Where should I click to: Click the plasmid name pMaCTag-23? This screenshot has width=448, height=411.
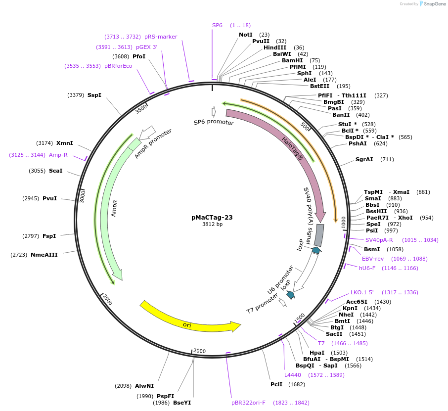click(x=212, y=217)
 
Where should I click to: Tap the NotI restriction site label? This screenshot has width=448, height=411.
click(x=246, y=35)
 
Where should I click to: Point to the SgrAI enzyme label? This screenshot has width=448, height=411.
click(x=364, y=159)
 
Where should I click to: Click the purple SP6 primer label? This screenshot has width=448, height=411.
click(x=217, y=25)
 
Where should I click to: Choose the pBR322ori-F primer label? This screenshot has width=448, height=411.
click(x=248, y=403)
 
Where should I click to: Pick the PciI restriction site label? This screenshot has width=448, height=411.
click(x=276, y=384)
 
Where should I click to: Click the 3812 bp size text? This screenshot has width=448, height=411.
click(x=212, y=225)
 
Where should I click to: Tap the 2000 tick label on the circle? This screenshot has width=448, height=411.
click(x=199, y=351)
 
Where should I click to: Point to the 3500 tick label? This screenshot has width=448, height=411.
click(x=141, y=108)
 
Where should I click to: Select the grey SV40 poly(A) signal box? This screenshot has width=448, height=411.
click(x=319, y=235)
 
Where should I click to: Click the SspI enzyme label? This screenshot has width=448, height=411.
click(x=94, y=95)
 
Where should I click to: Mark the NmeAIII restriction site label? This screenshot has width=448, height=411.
click(x=44, y=255)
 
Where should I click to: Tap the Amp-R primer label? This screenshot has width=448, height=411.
click(x=58, y=155)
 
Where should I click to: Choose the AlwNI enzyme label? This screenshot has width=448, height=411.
click(x=144, y=386)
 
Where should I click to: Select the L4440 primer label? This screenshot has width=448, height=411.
click(x=293, y=375)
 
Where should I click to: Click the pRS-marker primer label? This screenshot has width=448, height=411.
click(x=161, y=37)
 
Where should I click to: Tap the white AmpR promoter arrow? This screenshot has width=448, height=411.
click(x=147, y=132)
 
